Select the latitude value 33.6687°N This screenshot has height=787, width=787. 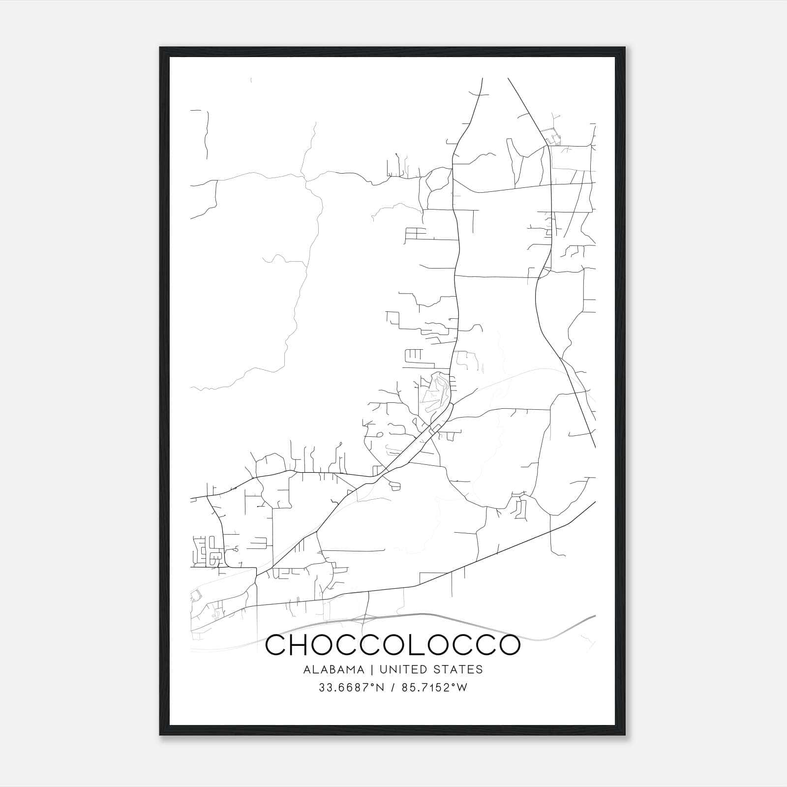(x=349, y=688)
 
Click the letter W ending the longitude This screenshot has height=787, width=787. (x=461, y=688)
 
